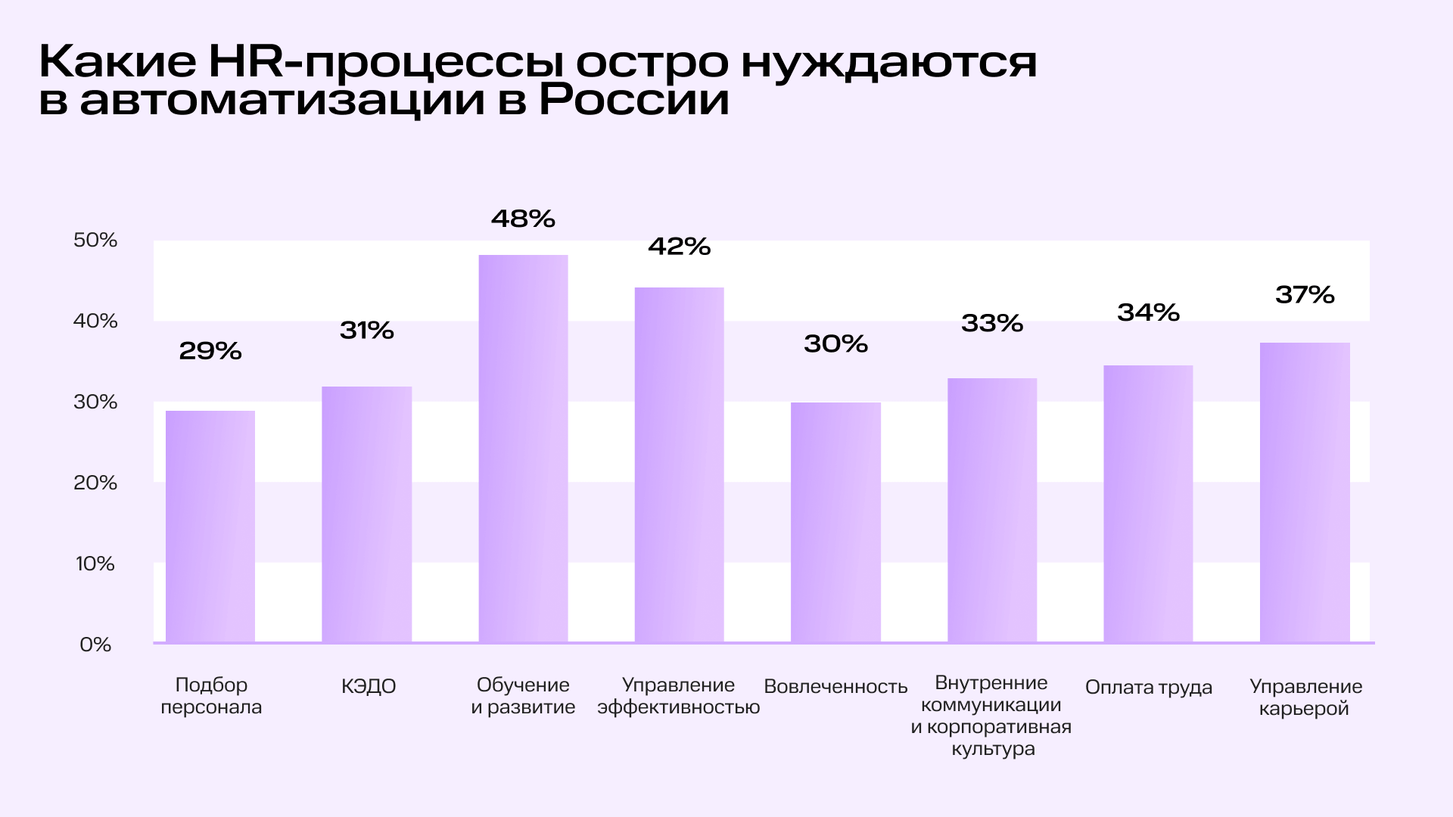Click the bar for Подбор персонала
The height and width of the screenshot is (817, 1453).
[210, 527]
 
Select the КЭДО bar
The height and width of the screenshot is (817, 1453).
[367, 514]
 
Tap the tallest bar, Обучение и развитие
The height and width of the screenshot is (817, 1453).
[523, 449]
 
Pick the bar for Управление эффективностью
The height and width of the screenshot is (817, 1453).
[679, 464]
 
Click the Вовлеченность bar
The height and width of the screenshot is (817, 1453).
[835, 522]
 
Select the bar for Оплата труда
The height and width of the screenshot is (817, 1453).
[1148, 504]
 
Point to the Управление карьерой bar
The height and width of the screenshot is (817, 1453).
[1305, 492]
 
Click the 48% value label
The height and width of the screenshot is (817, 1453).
[523, 219]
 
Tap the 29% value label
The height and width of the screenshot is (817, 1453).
[210, 351]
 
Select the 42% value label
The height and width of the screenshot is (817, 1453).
[679, 247]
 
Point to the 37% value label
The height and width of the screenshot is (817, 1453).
[1305, 294]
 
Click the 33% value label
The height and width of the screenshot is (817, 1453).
[992, 324]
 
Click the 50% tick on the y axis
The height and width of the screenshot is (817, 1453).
[95, 241]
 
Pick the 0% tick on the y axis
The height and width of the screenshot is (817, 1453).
[95, 645]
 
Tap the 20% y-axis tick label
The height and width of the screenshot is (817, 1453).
[95, 483]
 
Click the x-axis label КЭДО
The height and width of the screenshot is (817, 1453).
[369, 687]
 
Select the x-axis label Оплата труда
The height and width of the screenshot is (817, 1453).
[1148, 688]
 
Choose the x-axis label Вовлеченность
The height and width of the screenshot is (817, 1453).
[835, 687]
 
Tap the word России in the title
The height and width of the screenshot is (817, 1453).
[634, 101]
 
